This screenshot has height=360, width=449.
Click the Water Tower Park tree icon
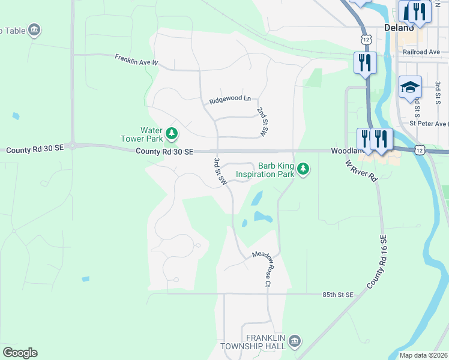[x=172, y=133]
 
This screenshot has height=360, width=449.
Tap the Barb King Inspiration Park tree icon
[x=304, y=169]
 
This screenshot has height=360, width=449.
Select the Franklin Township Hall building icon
[x=294, y=341]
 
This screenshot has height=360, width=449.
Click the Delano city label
[x=399, y=28]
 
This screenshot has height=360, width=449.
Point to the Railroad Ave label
[x=421, y=52]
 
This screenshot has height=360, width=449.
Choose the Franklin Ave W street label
[x=136, y=59]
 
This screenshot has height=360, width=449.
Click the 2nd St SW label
[x=262, y=122]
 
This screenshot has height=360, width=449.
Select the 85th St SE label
[x=338, y=295]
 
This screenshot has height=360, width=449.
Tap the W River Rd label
[x=361, y=169]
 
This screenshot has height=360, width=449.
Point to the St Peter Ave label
[x=429, y=124]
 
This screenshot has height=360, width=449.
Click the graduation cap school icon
[x=410, y=88]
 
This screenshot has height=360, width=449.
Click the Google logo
[x=20, y=353]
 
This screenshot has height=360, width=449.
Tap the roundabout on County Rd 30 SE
[x=73, y=145]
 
